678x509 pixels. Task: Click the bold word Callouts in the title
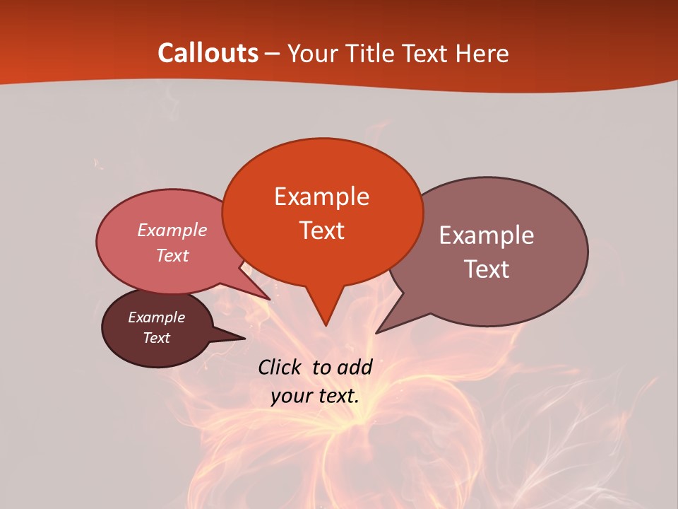208,53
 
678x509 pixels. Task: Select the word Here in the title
482,53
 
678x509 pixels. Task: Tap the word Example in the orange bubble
321,197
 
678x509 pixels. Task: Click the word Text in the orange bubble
321,230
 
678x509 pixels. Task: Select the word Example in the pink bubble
172,230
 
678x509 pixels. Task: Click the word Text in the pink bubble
172,255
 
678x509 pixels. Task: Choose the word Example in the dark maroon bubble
156,317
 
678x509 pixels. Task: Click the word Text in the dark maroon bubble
156,338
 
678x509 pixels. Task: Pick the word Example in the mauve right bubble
487,235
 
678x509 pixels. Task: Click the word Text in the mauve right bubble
487,269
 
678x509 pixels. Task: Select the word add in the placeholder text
355,367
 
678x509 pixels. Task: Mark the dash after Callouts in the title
273,54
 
